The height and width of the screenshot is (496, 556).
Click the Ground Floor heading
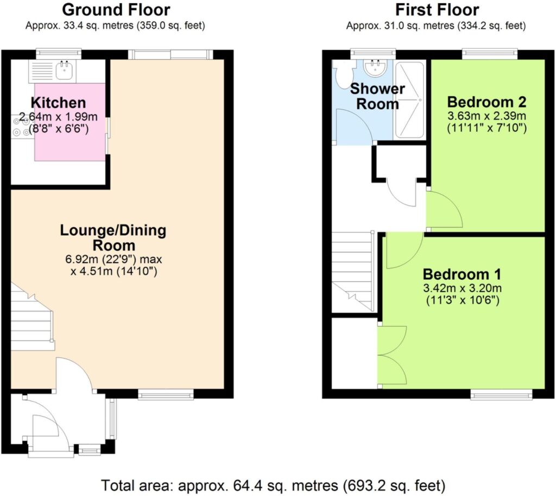(116, 10)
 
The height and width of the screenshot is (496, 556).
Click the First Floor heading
(437, 10)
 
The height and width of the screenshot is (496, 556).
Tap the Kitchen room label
(59, 103)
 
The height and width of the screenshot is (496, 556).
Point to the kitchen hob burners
(21, 127)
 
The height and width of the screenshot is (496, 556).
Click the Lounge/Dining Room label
(113, 238)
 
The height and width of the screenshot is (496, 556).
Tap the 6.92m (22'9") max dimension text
(113, 259)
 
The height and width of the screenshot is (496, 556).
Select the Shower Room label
(377, 97)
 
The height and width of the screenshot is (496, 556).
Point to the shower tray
(409, 101)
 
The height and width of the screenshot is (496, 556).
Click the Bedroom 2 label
(486, 102)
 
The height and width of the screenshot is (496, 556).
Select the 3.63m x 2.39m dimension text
(486, 116)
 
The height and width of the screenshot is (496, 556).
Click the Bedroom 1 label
(462, 274)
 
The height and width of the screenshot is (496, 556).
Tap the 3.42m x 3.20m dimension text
(462, 288)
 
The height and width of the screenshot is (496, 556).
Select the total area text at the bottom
(273, 485)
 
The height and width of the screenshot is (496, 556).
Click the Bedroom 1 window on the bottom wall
(501, 394)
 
